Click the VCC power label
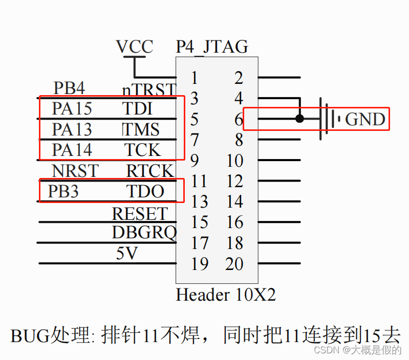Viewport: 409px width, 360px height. pos(135,47)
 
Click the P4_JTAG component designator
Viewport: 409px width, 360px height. pos(212,47)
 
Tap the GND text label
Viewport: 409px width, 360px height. pos(365,119)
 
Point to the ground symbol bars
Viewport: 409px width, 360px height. pos(329,119)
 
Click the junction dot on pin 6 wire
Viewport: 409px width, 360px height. pos(300,119)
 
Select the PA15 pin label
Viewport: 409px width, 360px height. pos(72,108)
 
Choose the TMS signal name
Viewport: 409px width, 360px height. pos(141,129)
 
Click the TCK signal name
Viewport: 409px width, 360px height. pos(143,150)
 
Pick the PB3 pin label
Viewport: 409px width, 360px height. pos(63,191)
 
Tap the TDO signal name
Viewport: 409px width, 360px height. pos(145,191)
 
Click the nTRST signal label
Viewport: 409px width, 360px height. pos(149,90)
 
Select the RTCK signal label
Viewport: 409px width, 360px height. pos(150,170)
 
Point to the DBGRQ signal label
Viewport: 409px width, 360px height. pos(144,233)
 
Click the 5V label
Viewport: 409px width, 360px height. pos(127,253)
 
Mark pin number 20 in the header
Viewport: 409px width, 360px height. pos(234,264)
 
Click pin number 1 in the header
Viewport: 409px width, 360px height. pos(194,78)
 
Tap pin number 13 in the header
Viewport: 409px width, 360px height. pos(199,201)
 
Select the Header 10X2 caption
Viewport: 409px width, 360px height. pos(226,295)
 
